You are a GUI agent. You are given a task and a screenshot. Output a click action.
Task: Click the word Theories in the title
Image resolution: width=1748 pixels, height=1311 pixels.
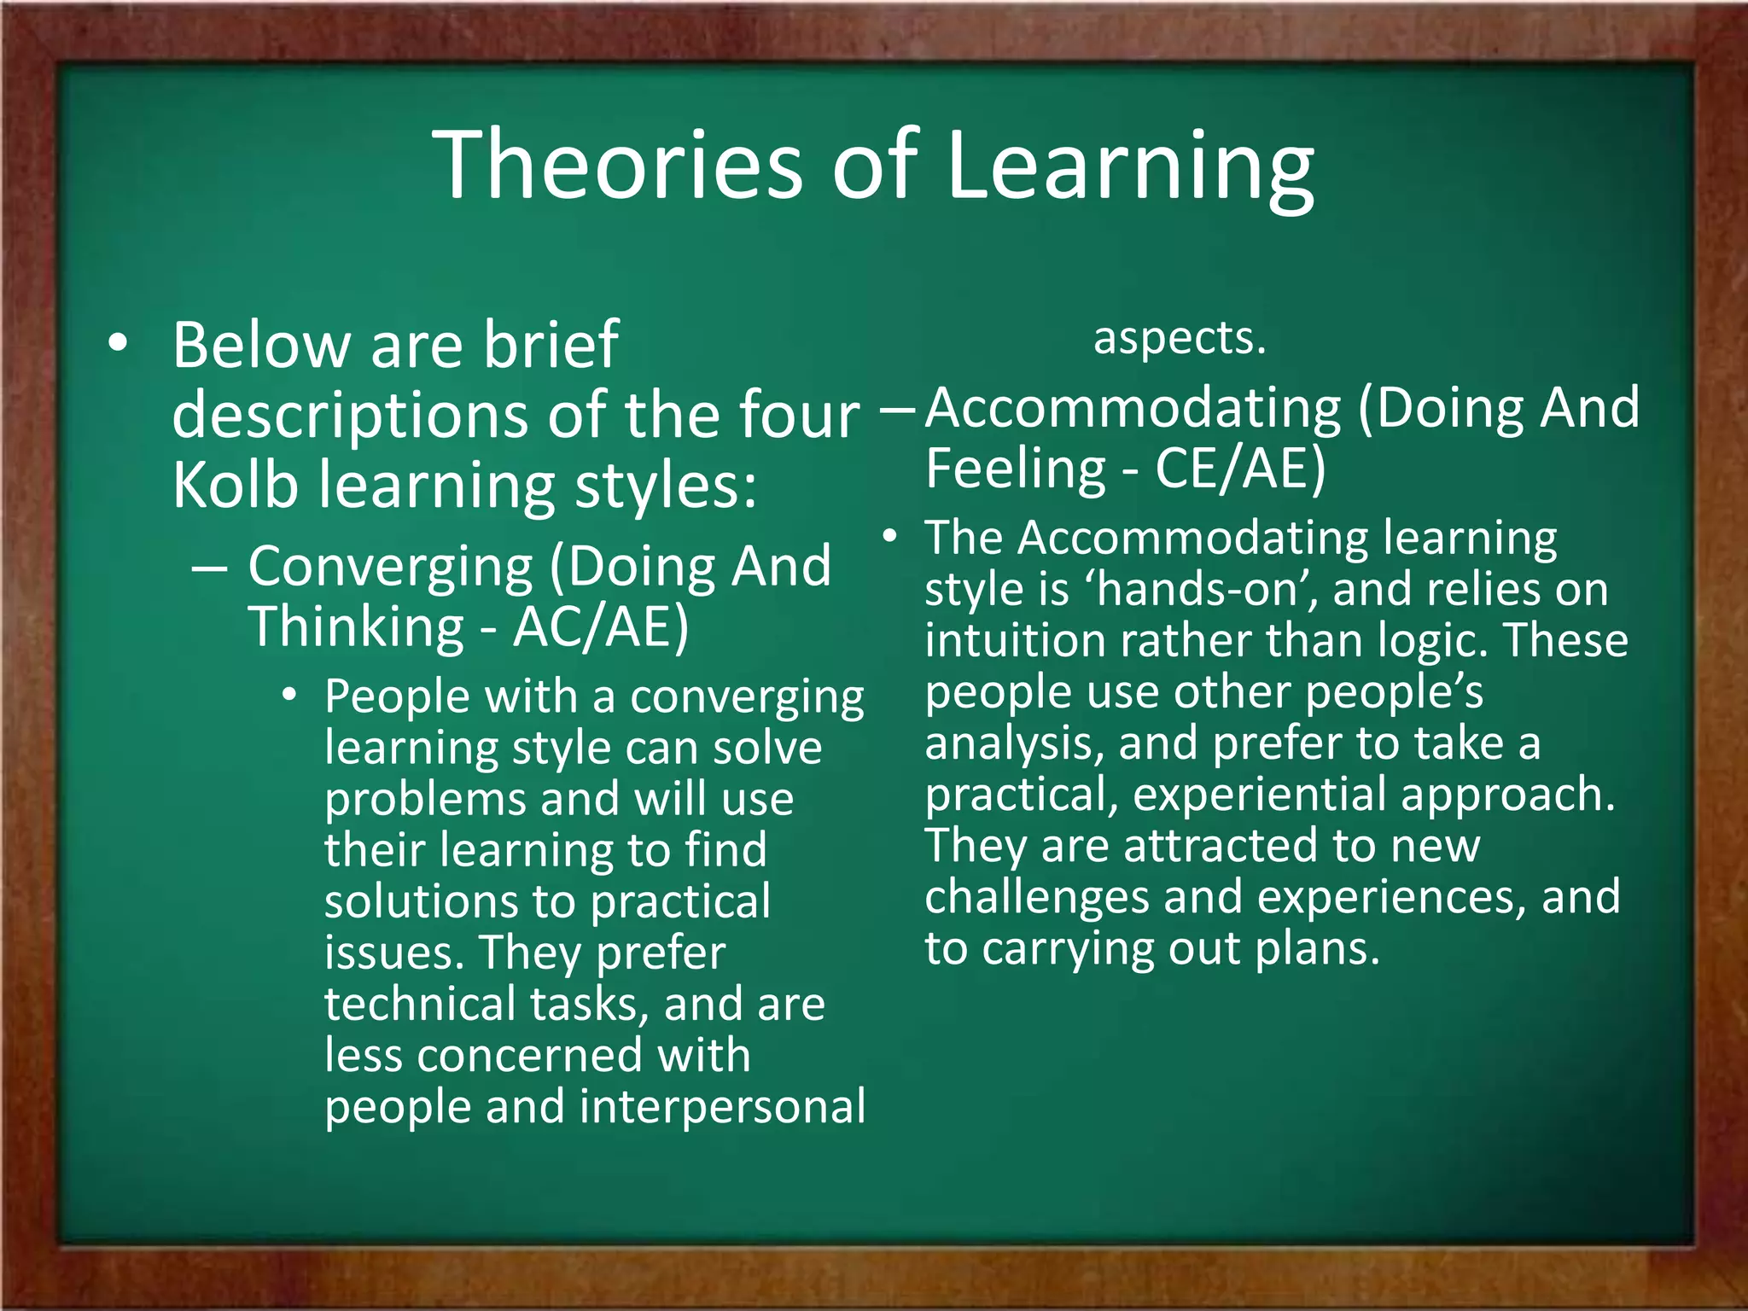point(618,164)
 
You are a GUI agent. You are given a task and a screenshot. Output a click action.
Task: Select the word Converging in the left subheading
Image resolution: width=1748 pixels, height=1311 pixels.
point(390,567)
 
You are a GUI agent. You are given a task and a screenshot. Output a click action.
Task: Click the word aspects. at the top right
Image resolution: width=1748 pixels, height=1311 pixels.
point(1180,338)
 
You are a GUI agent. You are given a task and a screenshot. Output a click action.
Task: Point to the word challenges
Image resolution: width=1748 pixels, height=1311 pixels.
point(1036,897)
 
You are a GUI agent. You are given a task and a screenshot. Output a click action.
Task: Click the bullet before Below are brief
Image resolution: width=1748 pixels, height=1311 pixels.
point(118,343)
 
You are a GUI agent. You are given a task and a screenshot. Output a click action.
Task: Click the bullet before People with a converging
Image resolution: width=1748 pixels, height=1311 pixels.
point(290,696)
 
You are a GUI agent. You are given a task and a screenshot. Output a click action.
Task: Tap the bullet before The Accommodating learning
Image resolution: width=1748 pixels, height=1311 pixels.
point(890,537)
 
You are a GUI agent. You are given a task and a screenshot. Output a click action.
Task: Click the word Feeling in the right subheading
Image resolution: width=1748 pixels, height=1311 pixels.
point(1016,469)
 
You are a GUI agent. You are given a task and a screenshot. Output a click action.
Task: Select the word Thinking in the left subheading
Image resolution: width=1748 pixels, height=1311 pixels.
point(355,627)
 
